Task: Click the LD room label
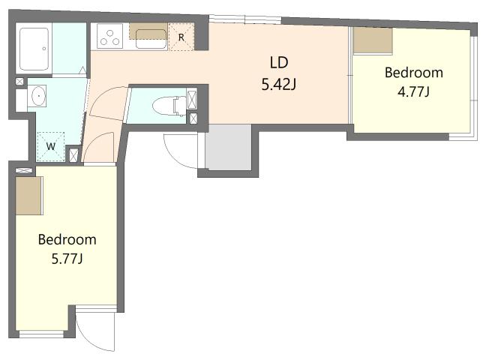tap(279, 62)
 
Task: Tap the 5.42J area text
tap(279, 84)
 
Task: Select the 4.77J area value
tap(413, 91)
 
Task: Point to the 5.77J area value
tap(67, 258)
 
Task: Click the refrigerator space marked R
tap(181, 37)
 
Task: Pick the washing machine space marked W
tap(51, 146)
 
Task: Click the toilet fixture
tap(169, 106)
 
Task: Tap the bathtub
tap(34, 49)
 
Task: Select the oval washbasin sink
tap(37, 96)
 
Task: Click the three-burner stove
tap(110, 37)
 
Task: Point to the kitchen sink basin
tap(151, 39)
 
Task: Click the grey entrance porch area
tap(229, 147)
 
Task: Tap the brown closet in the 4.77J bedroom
tap(373, 40)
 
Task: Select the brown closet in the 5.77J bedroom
tap(28, 196)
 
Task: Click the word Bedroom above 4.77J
tap(413, 73)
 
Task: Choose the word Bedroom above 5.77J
tap(67, 240)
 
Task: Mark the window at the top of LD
tap(244, 19)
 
